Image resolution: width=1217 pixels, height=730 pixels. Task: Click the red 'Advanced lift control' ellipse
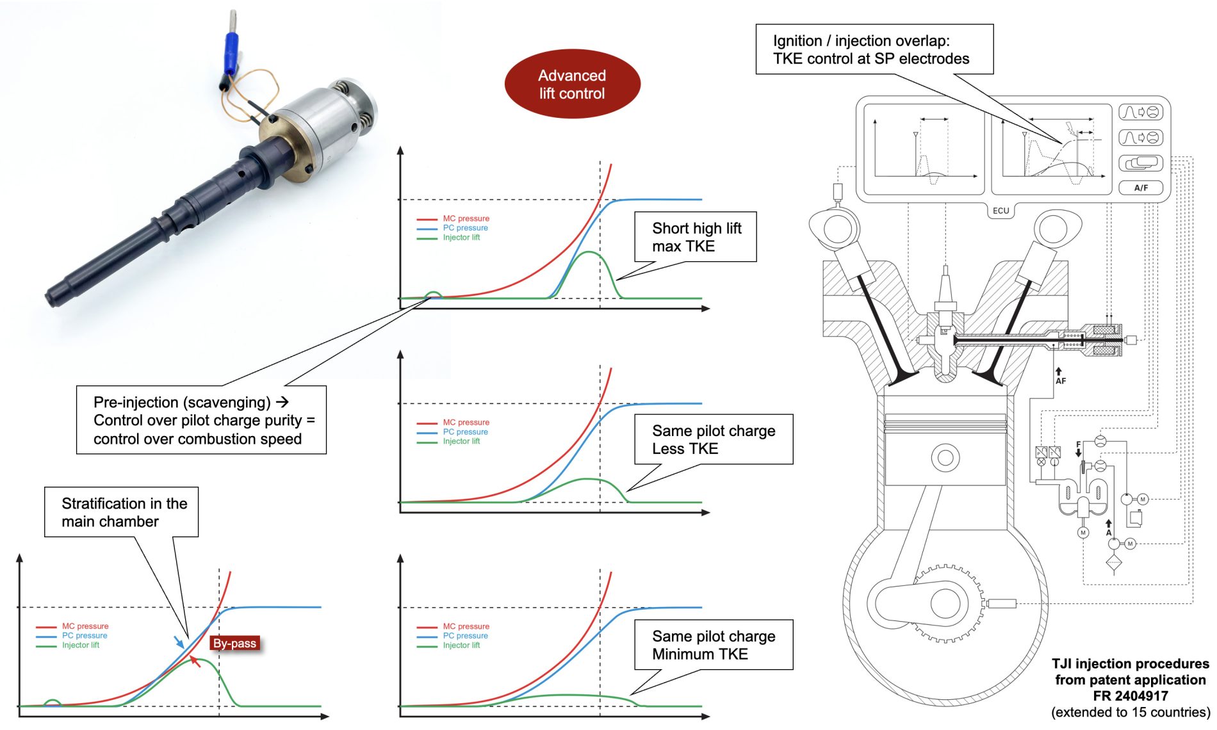[x=572, y=84]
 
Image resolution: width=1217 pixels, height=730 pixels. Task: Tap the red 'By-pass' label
[x=234, y=644]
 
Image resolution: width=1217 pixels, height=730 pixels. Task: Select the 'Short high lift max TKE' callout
[x=696, y=237]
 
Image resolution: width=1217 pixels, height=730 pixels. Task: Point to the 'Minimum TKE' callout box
[x=713, y=645]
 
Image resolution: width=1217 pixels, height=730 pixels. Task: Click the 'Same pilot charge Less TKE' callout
[x=713, y=439]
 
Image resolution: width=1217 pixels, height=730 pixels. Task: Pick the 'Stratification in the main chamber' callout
[x=122, y=512]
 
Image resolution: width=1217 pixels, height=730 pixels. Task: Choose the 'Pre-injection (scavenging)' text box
[x=201, y=420]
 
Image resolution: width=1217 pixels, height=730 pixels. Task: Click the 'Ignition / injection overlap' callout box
[x=874, y=50]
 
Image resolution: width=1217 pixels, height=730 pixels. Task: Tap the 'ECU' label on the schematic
[x=1001, y=211]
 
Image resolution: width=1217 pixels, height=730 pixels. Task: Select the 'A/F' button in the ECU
[x=1141, y=188]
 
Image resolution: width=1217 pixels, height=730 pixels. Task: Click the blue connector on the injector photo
[x=231, y=49]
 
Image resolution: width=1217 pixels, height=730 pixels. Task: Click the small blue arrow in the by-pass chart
[x=179, y=641]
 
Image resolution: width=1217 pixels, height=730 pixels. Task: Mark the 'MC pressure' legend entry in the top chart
[x=466, y=218]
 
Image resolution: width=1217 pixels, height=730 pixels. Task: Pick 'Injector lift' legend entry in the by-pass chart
[x=80, y=645]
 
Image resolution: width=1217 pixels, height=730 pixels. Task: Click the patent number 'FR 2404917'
[x=1130, y=696]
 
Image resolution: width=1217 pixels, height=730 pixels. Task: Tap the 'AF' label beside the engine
[x=1061, y=381]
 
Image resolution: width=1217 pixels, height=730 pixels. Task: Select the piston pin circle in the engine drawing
[x=945, y=458]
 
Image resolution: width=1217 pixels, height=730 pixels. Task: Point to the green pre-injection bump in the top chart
[x=434, y=295]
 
